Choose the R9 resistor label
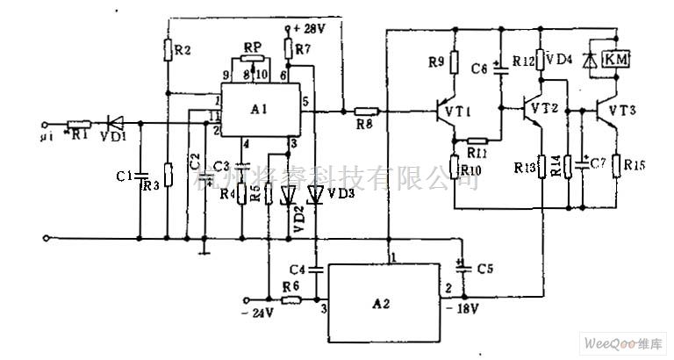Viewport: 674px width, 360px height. click(436, 61)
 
